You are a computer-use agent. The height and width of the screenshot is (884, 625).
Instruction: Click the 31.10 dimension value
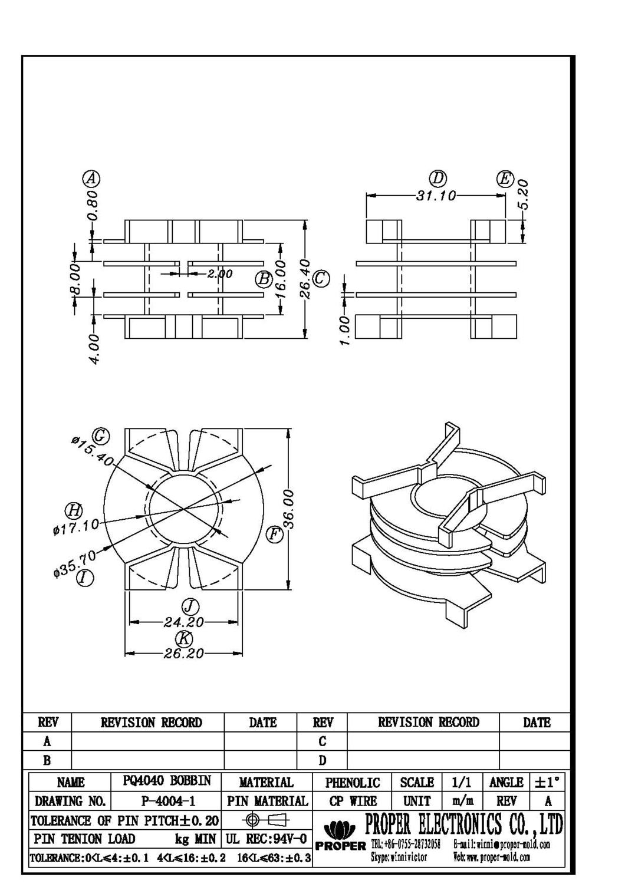436,196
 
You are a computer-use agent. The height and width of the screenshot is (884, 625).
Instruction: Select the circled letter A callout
91,178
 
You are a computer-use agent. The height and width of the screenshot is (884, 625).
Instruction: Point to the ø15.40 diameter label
91,450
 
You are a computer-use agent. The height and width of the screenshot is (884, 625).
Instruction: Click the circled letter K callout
184,638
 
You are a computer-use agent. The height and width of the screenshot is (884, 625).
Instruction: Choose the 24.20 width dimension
184,622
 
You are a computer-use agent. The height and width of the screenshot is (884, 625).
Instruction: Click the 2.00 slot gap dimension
219,274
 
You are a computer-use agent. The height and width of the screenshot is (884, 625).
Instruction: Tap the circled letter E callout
505,179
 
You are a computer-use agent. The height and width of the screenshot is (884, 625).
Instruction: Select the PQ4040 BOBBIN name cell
167,781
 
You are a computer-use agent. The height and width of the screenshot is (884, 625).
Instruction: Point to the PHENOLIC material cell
353,782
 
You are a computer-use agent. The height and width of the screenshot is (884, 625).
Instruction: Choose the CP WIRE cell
353,801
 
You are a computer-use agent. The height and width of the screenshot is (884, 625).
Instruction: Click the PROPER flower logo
341,830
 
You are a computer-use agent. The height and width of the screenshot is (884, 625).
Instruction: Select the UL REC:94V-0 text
266,839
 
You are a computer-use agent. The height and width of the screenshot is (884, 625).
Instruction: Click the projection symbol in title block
265,820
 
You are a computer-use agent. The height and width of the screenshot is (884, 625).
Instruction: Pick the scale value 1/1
461,782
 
